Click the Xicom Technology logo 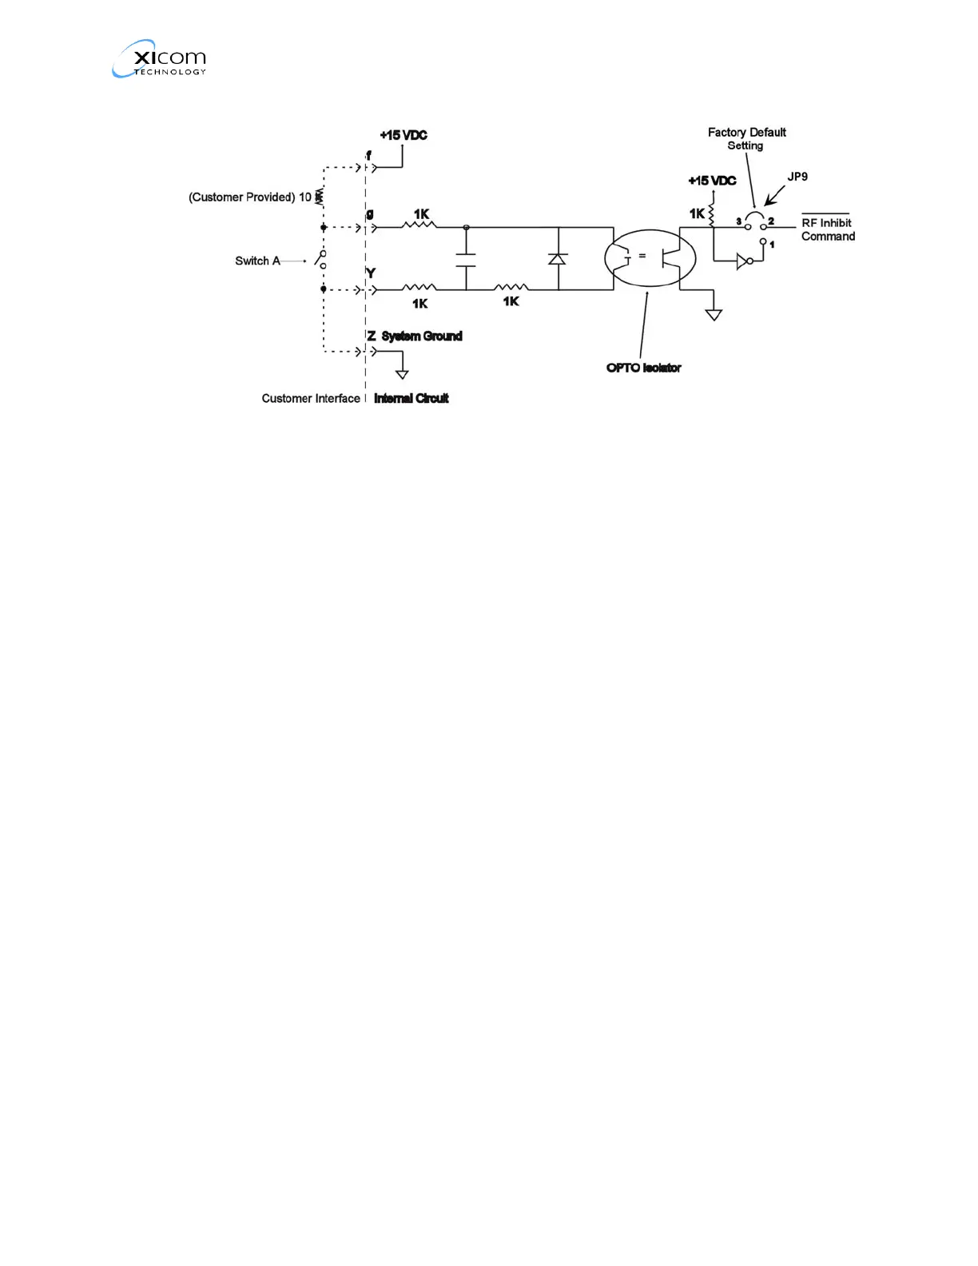click(x=159, y=59)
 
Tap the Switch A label click(x=257, y=261)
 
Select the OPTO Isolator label click(x=643, y=368)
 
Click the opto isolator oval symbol click(x=650, y=257)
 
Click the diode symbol click(x=558, y=259)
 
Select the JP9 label click(x=797, y=177)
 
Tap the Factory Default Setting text click(x=746, y=138)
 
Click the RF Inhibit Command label click(x=828, y=229)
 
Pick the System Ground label click(x=422, y=336)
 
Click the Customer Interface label click(x=311, y=398)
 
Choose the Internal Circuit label click(x=411, y=398)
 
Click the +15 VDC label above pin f click(x=404, y=135)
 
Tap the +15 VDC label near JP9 click(x=712, y=181)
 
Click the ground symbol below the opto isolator click(x=714, y=314)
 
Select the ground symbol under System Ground click(x=402, y=373)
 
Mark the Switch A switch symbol click(x=321, y=259)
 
